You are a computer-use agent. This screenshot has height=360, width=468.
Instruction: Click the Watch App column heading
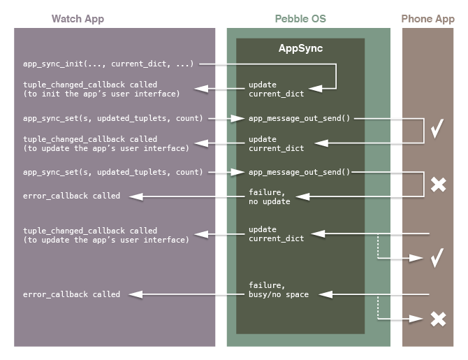tap(78, 19)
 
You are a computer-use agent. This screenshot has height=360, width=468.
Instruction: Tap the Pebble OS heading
tap(300, 19)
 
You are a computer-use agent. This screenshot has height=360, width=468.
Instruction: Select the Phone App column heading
tap(427, 19)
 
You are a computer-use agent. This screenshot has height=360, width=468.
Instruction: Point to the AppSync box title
tap(300, 50)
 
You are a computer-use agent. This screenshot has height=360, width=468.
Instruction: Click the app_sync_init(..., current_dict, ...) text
tap(108, 64)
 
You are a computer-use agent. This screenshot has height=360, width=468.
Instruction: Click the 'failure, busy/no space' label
tap(279, 290)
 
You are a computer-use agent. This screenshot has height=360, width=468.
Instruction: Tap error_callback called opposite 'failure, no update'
tap(71, 196)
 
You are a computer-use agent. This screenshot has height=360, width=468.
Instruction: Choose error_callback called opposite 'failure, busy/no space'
tap(71, 294)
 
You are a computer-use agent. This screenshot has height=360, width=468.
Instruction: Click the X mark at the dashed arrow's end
tap(438, 319)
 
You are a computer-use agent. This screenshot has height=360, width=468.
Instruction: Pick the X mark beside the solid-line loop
tap(438, 185)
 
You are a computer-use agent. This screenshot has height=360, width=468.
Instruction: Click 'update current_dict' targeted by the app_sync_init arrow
tap(266, 89)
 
